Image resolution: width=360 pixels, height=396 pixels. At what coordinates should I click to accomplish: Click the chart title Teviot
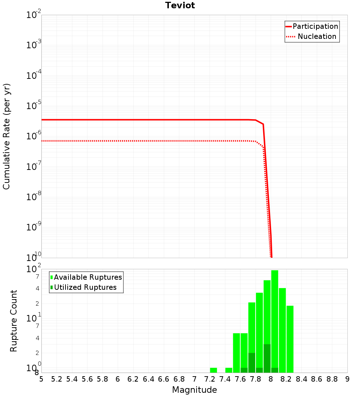(x=180, y=5)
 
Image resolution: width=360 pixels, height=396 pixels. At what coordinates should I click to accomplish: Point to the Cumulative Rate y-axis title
(x=6, y=136)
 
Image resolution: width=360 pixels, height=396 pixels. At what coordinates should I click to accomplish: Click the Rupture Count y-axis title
(x=14, y=320)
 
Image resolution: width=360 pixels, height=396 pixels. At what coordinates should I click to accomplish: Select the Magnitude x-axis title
(x=194, y=390)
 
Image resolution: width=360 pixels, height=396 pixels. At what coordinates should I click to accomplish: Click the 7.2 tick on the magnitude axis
(x=210, y=379)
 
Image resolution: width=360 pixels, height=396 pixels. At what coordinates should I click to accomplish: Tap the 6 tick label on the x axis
(x=118, y=379)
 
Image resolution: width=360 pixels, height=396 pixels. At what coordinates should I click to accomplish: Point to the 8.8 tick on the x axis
(x=332, y=379)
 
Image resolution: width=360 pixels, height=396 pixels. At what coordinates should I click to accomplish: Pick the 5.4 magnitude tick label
(x=72, y=379)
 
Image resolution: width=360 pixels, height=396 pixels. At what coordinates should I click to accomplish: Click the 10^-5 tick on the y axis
(x=34, y=106)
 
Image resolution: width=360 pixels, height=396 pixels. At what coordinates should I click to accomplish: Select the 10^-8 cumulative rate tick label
(x=34, y=197)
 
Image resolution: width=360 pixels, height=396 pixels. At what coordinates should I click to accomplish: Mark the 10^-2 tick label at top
(x=34, y=15)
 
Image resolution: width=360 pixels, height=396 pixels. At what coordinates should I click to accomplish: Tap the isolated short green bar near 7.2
(x=213, y=370)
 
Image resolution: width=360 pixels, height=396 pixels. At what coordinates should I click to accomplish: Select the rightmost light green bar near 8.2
(x=290, y=338)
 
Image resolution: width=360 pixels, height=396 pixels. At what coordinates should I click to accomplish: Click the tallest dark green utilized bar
(x=267, y=358)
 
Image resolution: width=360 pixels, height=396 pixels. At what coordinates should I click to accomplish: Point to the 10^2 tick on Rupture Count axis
(x=34, y=269)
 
